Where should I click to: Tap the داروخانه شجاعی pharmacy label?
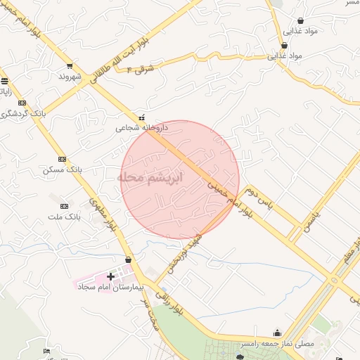pos(143,128)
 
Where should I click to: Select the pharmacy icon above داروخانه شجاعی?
pos(142,117)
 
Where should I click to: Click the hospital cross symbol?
pos(111,277)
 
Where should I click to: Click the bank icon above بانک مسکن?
pos(63,160)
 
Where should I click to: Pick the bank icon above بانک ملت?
pos(65,206)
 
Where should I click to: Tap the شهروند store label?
pos(71,75)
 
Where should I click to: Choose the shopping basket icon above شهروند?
pos(70,65)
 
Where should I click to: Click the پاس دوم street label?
pos(259,198)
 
